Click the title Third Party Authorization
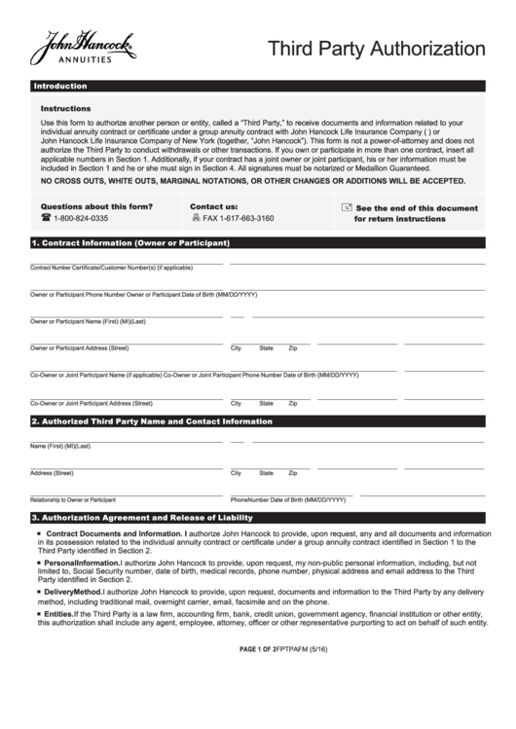click(377, 49)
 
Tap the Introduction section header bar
click(60, 87)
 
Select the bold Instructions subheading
click(66, 109)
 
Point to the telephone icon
click(46, 219)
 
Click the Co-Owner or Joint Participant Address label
click(92, 402)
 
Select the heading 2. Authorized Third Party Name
click(152, 422)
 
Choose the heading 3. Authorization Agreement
click(141, 518)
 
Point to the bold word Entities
click(59, 614)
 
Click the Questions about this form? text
click(95, 206)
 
